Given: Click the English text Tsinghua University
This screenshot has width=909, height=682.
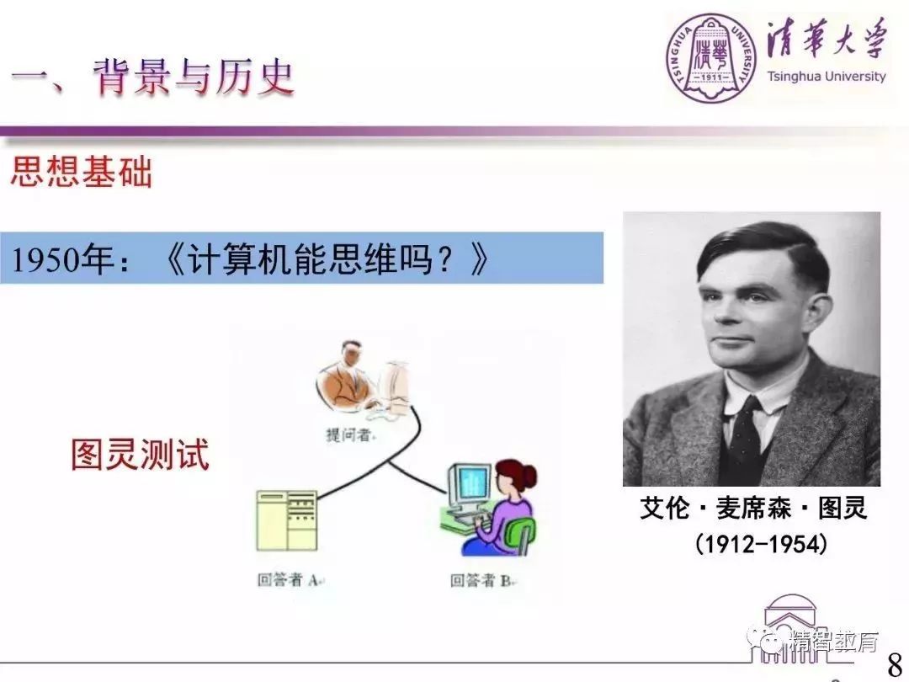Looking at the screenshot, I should click(826, 77).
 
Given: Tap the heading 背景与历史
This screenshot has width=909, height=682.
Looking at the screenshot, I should click(194, 78).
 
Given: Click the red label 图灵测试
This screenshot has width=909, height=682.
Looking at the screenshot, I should click(140, 455).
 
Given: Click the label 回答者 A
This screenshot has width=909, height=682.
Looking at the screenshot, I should click(290, 580).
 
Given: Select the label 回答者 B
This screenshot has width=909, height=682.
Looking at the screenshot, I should click(481, 580).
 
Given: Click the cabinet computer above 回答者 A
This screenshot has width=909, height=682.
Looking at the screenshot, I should click(287, 519).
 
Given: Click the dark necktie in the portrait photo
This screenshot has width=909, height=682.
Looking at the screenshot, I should click(746, 438).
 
